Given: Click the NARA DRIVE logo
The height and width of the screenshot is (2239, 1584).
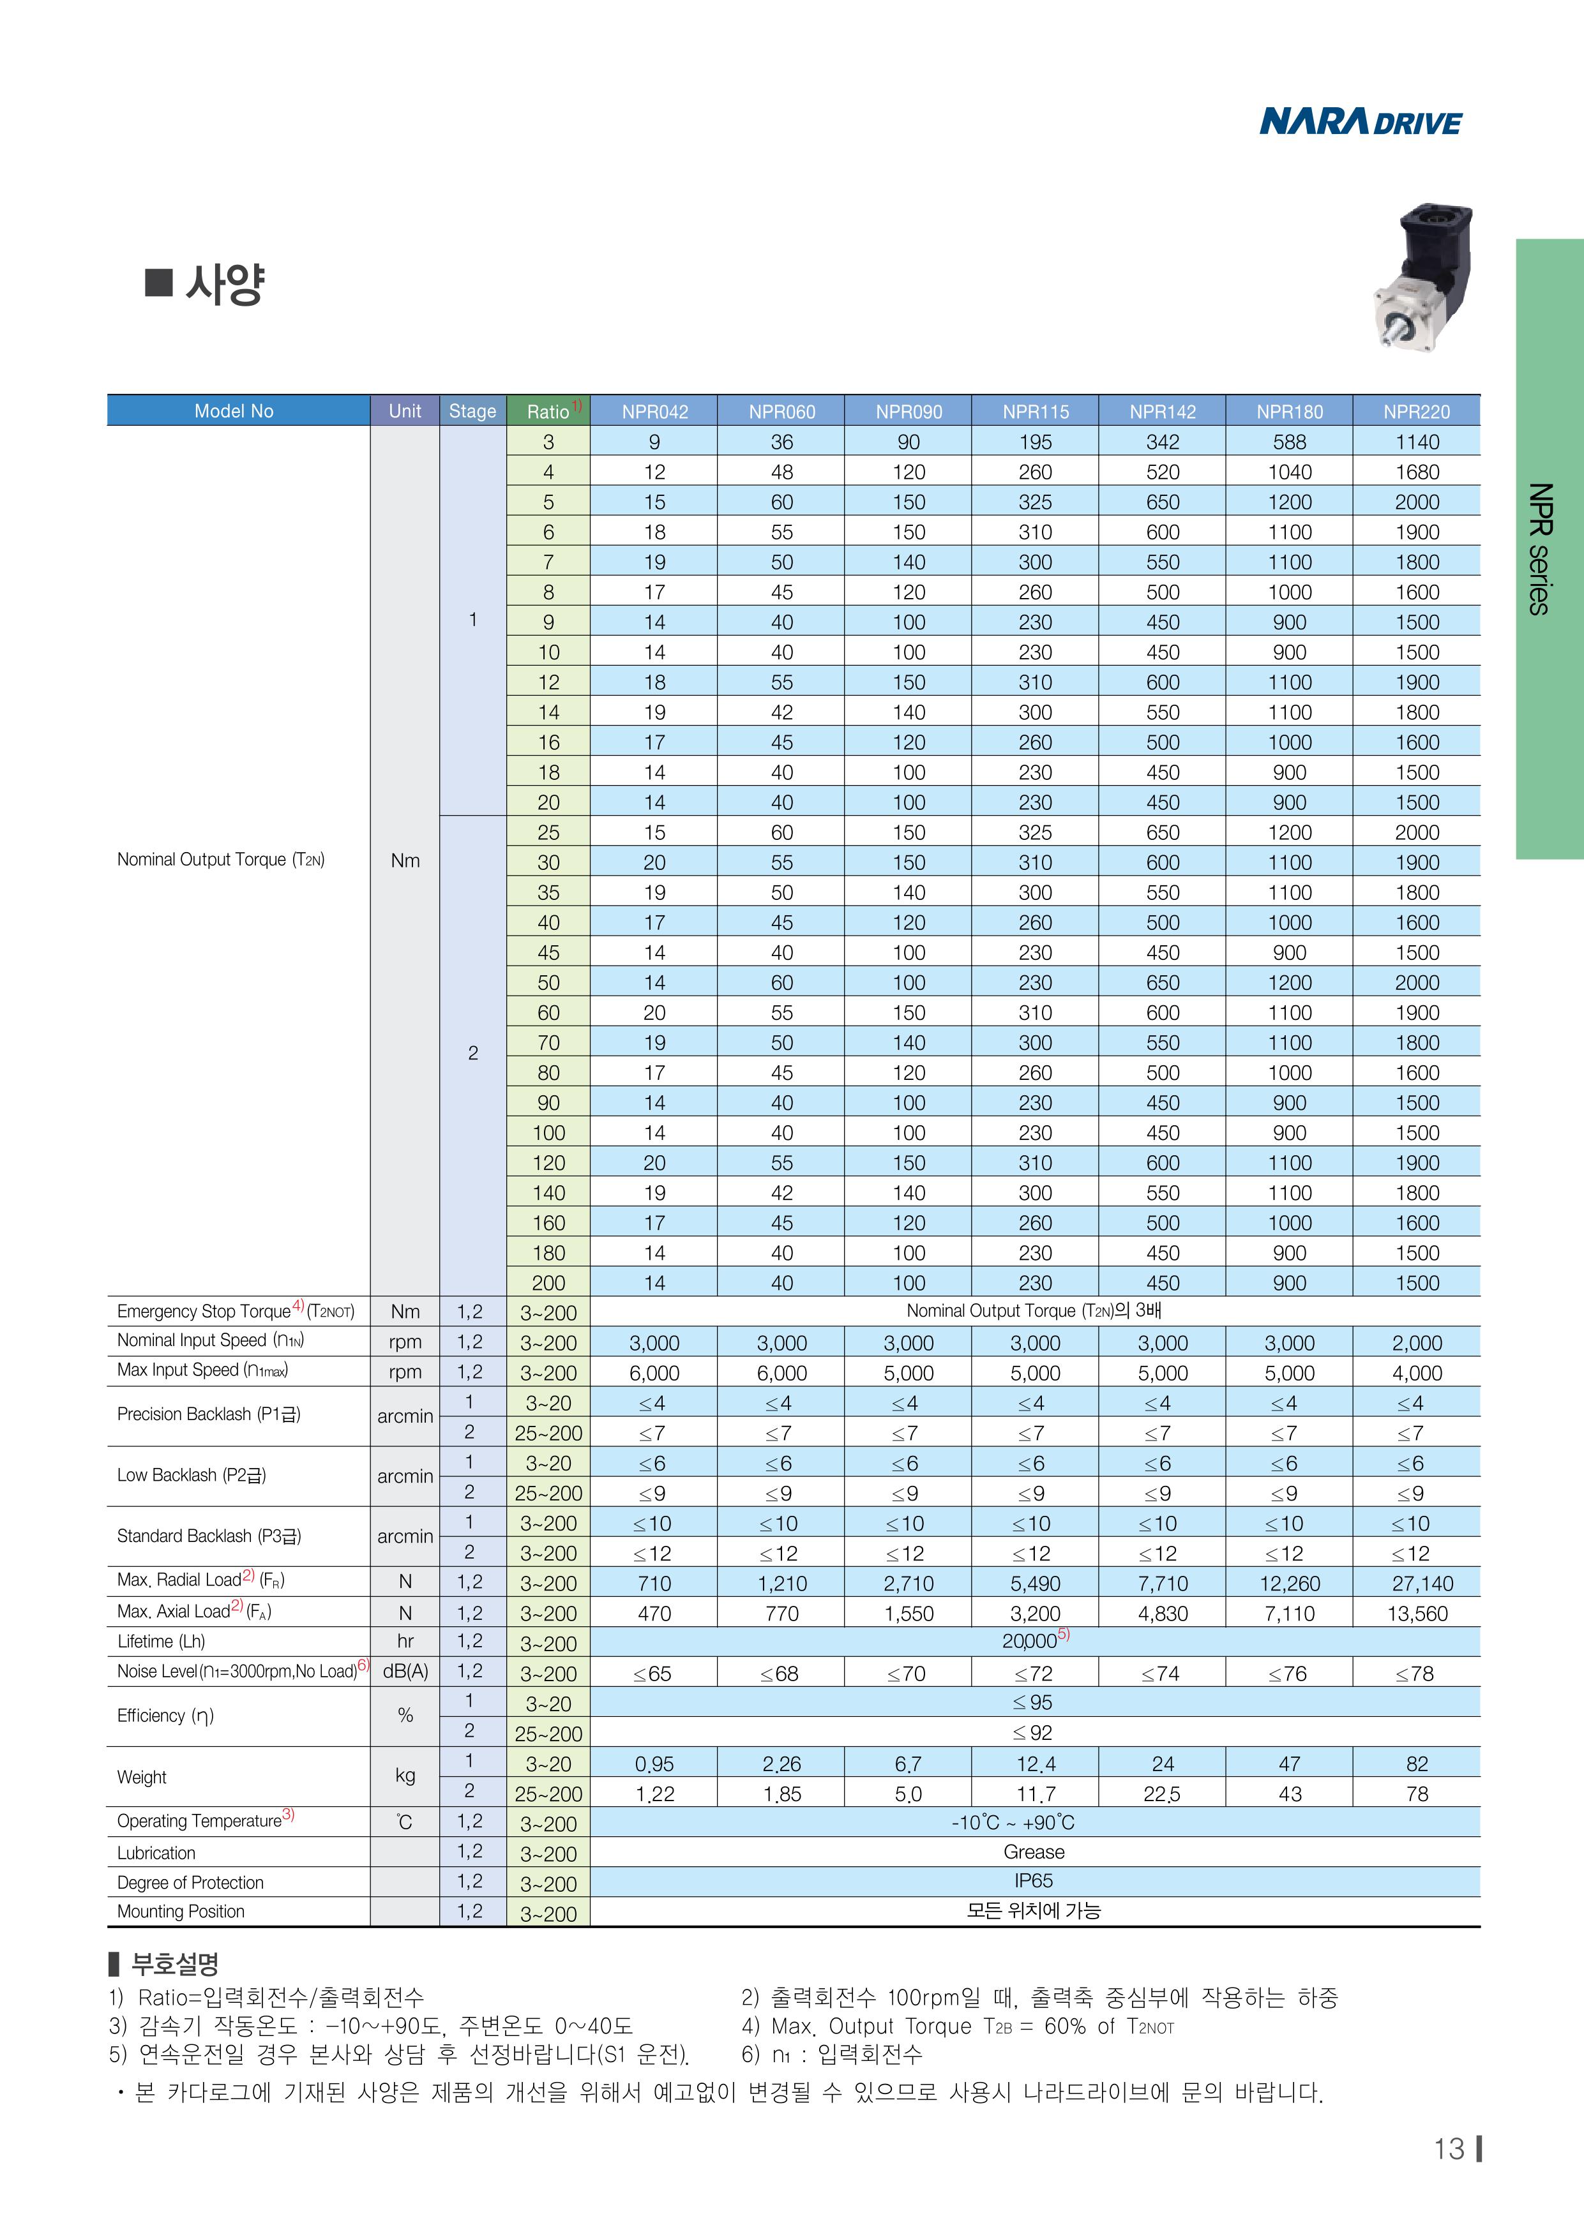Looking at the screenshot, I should [1360, 122].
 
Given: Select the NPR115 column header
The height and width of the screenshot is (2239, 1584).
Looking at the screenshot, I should [1035, 412].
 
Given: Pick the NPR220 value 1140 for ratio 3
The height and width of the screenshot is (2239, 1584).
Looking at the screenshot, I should [1416, 442].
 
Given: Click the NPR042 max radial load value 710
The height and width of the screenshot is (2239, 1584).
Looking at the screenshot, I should [654, 1584].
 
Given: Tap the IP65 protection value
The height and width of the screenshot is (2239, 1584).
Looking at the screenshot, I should [1034, 1881].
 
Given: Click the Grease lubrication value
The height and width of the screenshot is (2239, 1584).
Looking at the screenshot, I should [1034, 1852].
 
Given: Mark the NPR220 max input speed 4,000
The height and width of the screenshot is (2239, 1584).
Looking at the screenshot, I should [1416, 1373].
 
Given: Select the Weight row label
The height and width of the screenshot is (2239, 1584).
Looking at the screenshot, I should [142, 1777].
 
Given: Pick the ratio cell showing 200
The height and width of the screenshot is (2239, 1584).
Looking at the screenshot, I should [548, 1284].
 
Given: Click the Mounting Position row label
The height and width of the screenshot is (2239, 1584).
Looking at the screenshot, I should [181, 1912].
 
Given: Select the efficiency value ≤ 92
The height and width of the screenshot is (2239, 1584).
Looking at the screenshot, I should [1033, 1733].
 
